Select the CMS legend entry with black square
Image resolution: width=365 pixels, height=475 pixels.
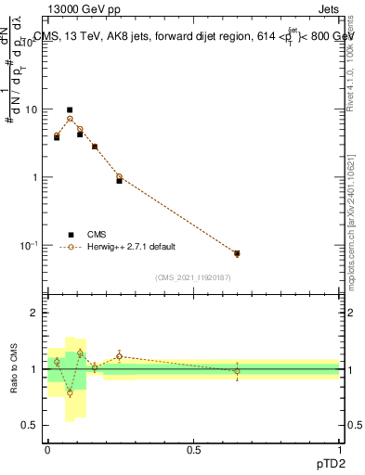(70, 234)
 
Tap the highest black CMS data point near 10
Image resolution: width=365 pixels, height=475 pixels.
(70, 109)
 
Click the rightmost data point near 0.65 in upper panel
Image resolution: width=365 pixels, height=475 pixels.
(237, 253)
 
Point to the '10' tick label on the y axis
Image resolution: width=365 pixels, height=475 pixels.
(31, 109)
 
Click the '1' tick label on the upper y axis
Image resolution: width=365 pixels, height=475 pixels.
(34, 177)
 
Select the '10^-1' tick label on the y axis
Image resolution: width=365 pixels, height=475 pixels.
(28, 245)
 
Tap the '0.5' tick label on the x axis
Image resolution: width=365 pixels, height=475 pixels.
(193, 450)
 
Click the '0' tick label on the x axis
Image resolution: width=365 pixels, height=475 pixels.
(47, 450)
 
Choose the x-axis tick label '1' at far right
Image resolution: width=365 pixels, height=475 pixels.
(339, 450)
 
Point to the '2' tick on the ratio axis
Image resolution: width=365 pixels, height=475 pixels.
(34, 313)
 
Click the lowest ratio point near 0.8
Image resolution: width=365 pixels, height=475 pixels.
(70, 392)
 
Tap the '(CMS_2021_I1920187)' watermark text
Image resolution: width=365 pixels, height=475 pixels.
(193, 276)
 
